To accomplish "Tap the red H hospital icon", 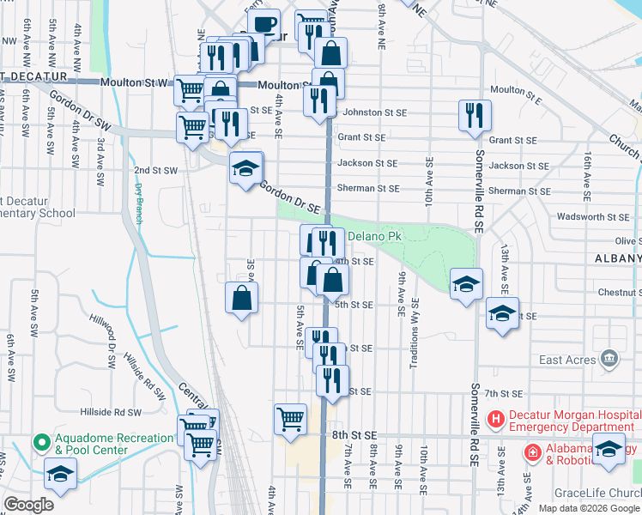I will pyautogui.click(x=495, y=421).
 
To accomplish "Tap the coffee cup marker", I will pyautogui.click(x=263, y=25).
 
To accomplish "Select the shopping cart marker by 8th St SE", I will pyautogui.click(x=291, y=420).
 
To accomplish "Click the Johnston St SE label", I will pyautogui.click(x=374, y=112).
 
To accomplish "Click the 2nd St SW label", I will pyautogui.click(x=155, y=170).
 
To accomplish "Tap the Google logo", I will pyautogui.click(x=28, y=506).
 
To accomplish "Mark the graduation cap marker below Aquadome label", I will pyautogui.click(x=60, y=474).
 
